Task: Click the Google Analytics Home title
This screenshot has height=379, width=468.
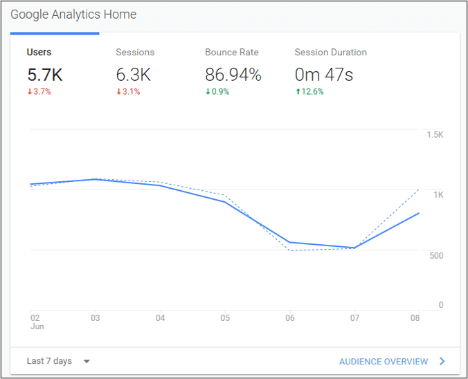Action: coord(73,15)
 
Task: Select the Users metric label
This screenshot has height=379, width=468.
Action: coord(39,52)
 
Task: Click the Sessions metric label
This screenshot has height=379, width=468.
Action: coord(135,52)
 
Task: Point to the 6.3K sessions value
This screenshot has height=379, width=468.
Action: coord(133,75)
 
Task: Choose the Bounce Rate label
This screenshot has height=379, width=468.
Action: coord(233,52)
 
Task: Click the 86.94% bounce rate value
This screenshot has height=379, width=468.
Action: coord(233,75)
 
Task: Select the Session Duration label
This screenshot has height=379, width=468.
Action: coord(330,52)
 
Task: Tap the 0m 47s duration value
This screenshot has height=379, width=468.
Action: coord(323,75)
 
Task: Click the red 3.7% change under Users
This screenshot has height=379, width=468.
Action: coord(39,92)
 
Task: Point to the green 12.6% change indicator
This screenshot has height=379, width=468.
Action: coord(309,92)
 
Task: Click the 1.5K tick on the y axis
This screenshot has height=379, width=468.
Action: coord(435,134)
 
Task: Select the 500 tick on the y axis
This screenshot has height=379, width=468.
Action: coord(436,256)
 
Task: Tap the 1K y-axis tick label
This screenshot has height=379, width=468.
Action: coord(438,195)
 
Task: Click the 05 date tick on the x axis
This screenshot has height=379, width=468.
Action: coord(225,318)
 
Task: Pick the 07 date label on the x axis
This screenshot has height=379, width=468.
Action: coord(354,318)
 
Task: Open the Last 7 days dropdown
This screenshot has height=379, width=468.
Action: coord(58,361)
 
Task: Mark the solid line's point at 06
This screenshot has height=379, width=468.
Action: coord(289,242)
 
